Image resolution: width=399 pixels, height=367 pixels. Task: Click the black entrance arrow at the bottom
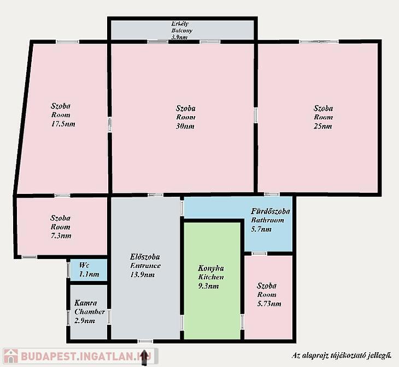[144, 358]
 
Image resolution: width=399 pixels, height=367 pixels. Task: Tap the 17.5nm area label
[63, 124]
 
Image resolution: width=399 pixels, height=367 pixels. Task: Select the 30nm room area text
[185, 126]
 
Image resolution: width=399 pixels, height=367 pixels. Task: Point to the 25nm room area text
[322, 126]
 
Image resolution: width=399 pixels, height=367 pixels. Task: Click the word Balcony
[181, 30]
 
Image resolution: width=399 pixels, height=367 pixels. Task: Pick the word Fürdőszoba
[271, 211]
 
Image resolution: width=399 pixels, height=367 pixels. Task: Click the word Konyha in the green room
[211, 268]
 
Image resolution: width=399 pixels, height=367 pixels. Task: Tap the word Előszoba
[145, 256]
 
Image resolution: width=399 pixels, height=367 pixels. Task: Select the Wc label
[84, 265]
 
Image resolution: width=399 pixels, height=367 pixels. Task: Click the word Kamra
[85, 303]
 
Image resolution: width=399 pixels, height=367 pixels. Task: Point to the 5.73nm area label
[269, 304]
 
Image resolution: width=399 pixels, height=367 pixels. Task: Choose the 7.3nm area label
[61, 236]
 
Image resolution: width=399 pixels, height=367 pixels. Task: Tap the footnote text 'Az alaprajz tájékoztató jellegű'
[342, 355]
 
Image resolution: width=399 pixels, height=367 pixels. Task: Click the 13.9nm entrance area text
[142, 274]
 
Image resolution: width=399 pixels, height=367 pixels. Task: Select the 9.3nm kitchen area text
[208, 286]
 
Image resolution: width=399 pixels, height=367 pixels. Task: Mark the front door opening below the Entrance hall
[145, 341]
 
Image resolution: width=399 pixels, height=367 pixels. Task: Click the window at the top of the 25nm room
[319, 42]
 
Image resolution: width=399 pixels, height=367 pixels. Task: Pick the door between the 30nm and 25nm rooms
[256, 115]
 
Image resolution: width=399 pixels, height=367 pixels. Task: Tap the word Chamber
[90, 312]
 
